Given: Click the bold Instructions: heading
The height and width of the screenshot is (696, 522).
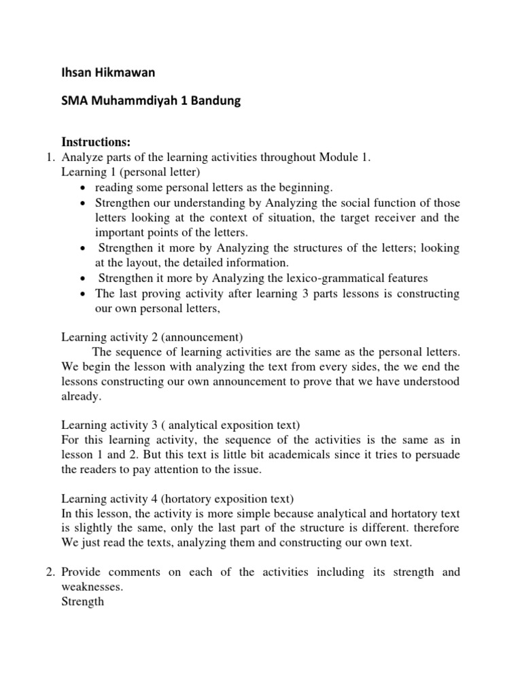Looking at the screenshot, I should [96, 141].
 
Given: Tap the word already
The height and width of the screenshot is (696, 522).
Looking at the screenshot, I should [81, 397].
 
